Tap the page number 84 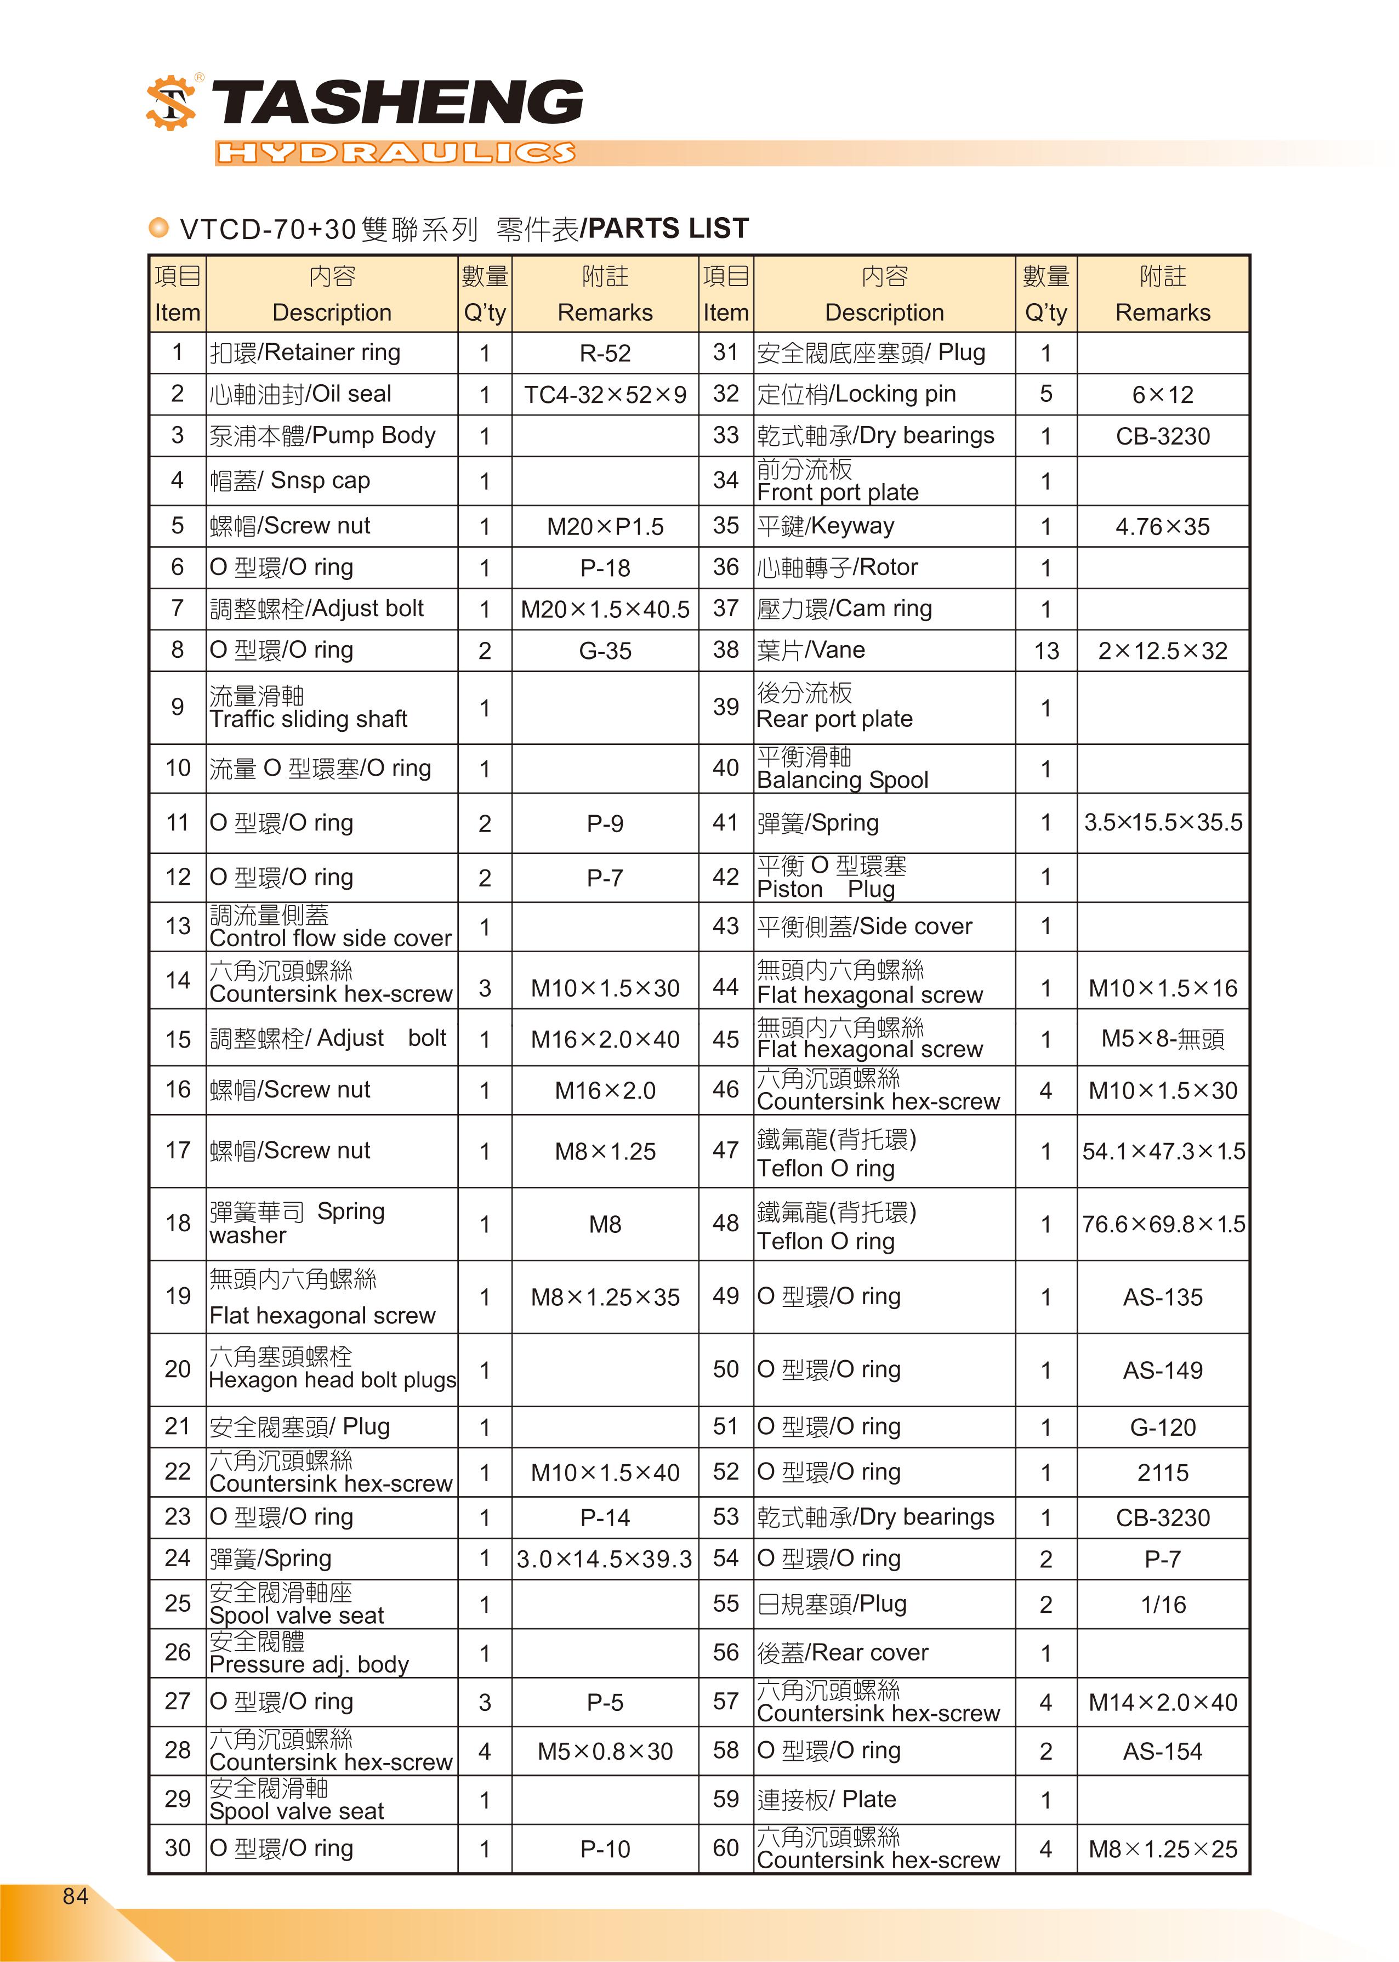click(75, 1896)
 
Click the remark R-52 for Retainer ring click(605, 353)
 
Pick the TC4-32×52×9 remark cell click(605, 395)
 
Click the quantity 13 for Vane click(1046, 651)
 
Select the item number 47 click(725, 1151)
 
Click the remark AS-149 click(1162, 1370)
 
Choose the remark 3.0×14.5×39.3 click(605, 1559)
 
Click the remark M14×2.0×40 click(1162, 1702)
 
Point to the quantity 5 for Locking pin click(1046, 395)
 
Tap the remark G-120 click(1162, 1427)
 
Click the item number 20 click(178, 1369)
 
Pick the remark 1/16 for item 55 click(1162, 1605)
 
